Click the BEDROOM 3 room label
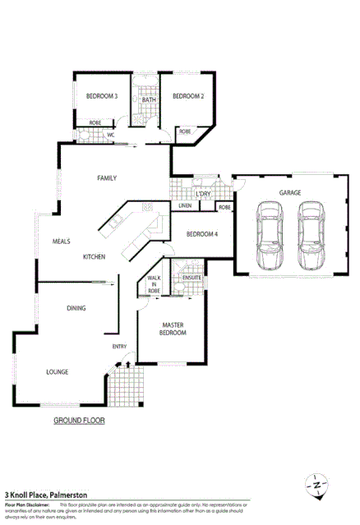(x=102, y=97)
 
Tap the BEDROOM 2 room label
(x=187, y=97)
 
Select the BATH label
(x=148, y=99)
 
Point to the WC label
(x=111, y=135)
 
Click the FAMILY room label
(x=107, y=177)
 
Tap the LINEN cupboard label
(x=185, y=206)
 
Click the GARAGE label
(x=289, y=192)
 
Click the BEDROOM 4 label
(x=202, y=234)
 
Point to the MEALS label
(x=62, y=242)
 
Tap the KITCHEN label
(x=94, y=257)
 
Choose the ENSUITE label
(x=192, y=278)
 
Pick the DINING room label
(x=77, y=308)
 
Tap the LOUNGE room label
(x=57, y=372)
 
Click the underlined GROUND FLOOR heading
(x=79, y=420)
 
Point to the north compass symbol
(x=317, y=486)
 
